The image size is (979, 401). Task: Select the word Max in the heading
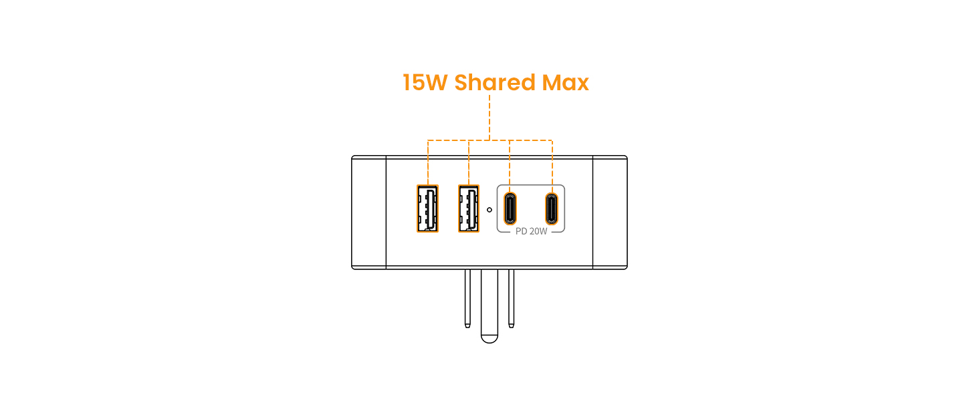pyautogui.click(x=564, y=83)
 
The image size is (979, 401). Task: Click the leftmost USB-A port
pyautogui.click(x=427, y=209)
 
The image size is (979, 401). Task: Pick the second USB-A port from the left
pyautogui.click(x=469, y=209)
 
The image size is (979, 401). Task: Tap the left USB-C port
pyautogui.click(x=510, y=208)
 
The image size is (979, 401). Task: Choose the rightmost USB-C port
pyautogui.click(x=552, y=208)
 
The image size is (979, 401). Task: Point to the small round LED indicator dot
pyautogui.click(x=490, y=209)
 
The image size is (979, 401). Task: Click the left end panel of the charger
pyautogui.click(x=369, y=212)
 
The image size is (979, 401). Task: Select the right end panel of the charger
pyautogui.click(x=610, y=212)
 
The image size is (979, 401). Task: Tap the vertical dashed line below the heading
pyautogui.click(x=490, y=117)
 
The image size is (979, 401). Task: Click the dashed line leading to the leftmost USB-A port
pyautogui.click(x=427, y=162)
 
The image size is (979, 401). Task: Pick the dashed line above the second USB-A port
pyautogui.click(x=469, y=162)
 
